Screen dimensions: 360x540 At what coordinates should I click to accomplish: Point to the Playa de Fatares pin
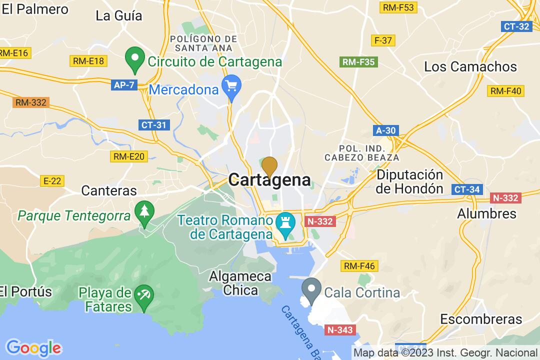point(144,295)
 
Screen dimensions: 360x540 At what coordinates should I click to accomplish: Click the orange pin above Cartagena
point(269,166)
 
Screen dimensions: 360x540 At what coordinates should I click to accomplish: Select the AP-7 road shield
point(124,85)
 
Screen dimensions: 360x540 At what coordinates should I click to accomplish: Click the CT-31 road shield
point(153,125)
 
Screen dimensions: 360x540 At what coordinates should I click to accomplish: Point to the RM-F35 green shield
point(358,62)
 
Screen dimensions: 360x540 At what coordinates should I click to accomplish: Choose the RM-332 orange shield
point(31,102)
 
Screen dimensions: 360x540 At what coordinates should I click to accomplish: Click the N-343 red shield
point(341,330)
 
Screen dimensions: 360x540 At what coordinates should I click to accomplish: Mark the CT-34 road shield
point(467,189)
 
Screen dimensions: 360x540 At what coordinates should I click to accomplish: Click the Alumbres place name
point(479,213)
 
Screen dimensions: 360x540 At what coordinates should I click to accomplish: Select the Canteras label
point(108,190)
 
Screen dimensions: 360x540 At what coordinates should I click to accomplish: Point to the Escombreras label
point(481,319)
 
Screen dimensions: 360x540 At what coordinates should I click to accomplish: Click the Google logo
point(33,347)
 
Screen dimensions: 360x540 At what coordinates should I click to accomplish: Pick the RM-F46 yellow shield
point(358,266)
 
